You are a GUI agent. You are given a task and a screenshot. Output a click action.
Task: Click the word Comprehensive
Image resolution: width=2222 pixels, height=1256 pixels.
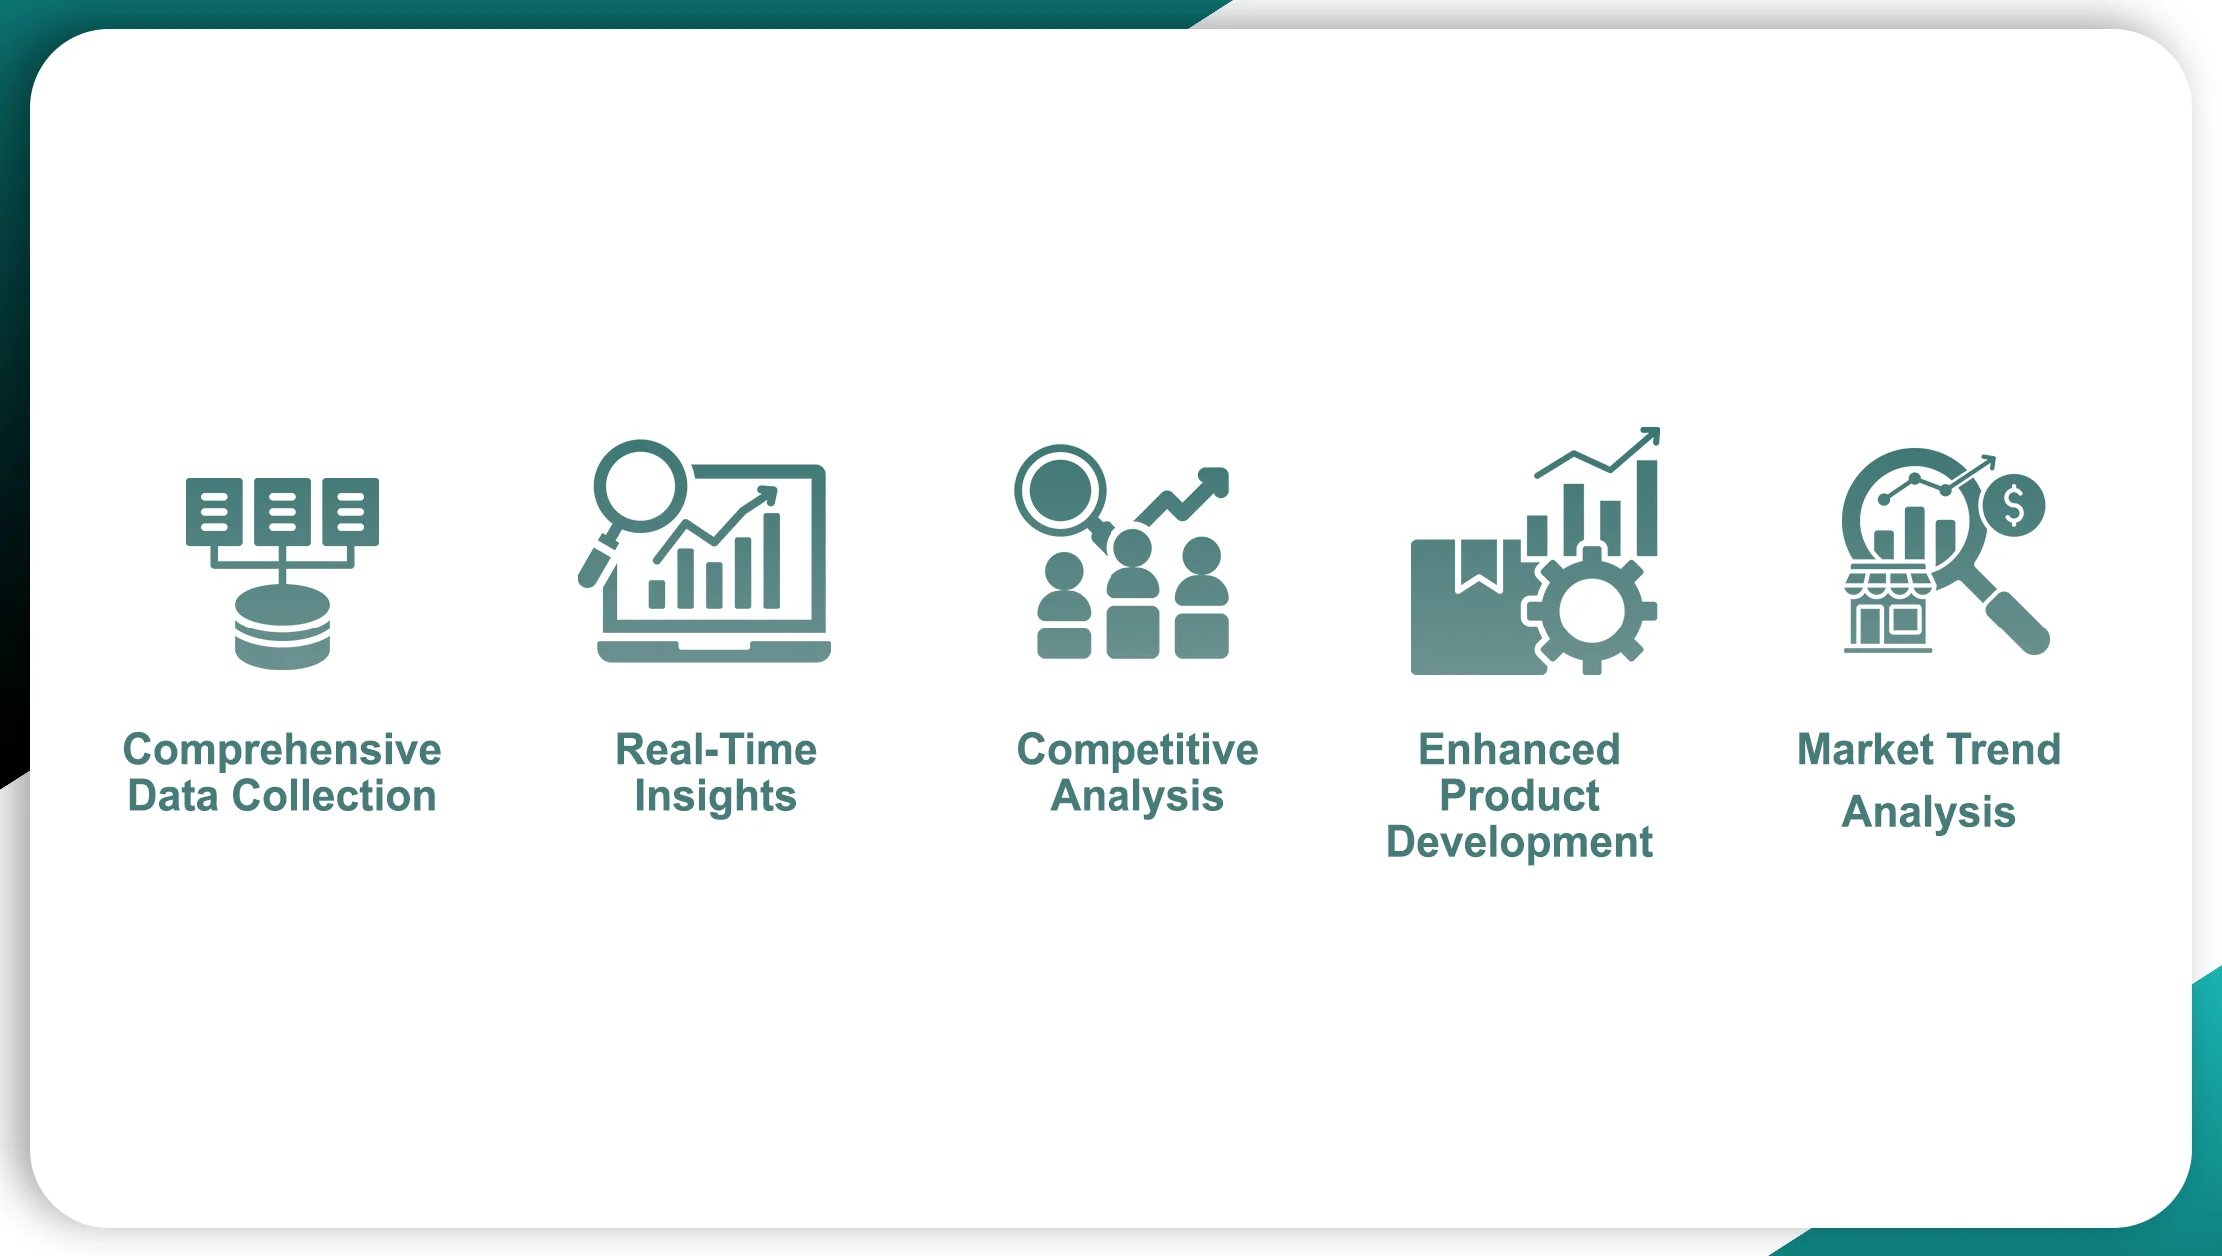[x=282, y=750]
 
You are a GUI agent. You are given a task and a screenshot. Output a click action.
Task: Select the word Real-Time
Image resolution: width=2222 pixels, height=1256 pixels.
[x=716, y=749]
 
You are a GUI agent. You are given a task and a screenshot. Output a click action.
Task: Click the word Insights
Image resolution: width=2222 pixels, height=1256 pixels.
[x=716, y=797]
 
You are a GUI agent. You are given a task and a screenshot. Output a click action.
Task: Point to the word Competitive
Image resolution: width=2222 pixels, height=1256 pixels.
[x=1137, y=750]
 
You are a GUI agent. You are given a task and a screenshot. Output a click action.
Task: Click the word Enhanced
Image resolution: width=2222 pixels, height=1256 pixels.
[x=1519, y=749]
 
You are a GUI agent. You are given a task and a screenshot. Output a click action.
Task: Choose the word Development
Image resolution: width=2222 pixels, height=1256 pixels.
[x=1519, y=842]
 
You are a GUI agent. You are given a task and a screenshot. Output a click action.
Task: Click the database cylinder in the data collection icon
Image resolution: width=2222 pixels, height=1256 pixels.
[x=282, y=628]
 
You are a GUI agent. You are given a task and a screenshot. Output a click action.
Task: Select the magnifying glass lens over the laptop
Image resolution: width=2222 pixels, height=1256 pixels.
[x=640, y=486]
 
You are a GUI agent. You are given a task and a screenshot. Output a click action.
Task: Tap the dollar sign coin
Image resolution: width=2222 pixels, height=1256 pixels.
[x=2013, y=505]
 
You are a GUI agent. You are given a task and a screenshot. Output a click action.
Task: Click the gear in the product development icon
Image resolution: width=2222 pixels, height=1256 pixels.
[x=1591, y=611]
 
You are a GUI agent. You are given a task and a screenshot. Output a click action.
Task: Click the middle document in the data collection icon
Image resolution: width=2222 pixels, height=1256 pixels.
[x=282, y=512]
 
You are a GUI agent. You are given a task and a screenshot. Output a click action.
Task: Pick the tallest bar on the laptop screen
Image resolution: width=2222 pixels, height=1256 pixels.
[x=772, y=561]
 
